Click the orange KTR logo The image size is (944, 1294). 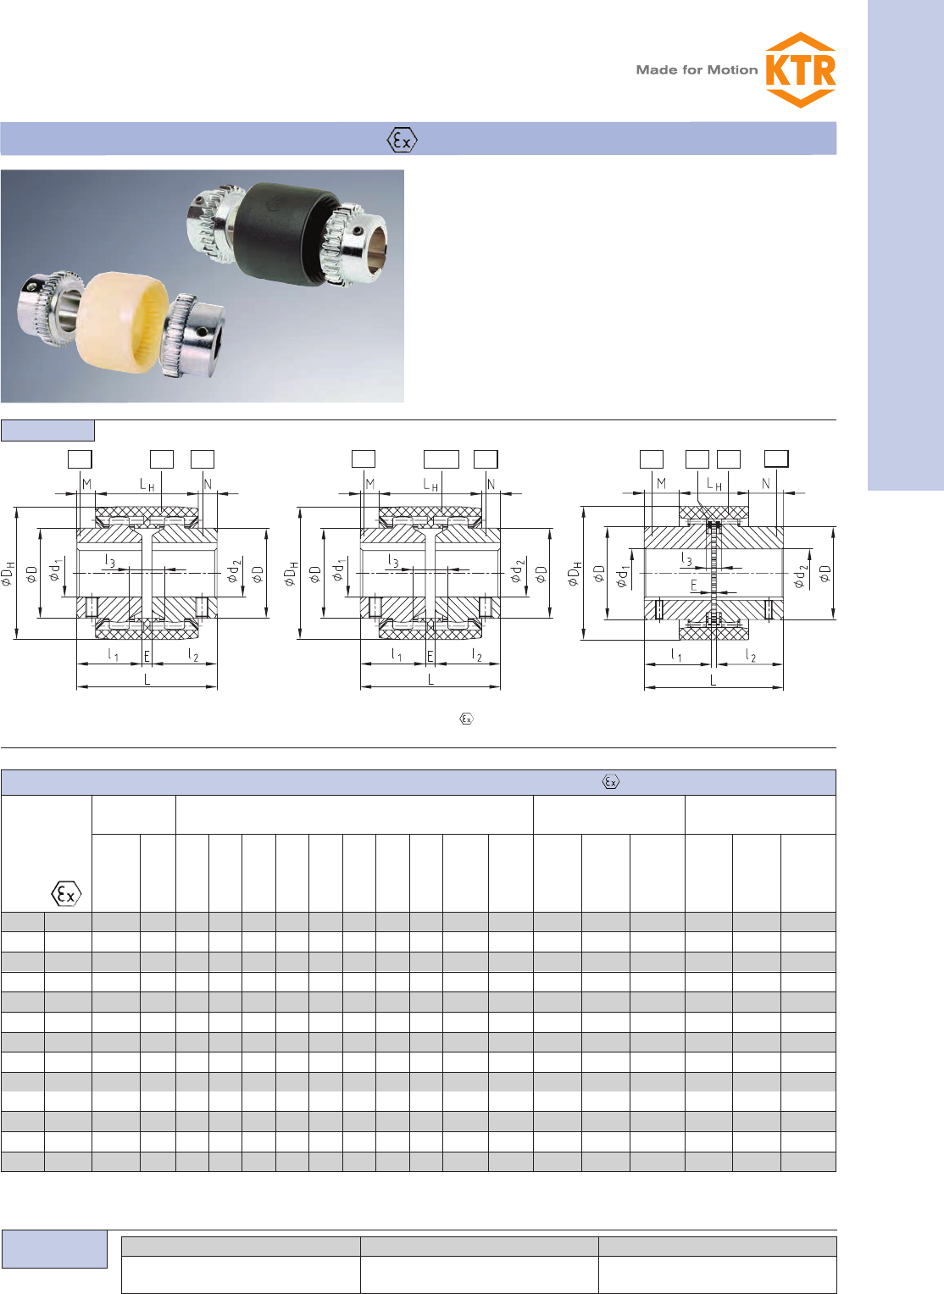(x=801, y=69)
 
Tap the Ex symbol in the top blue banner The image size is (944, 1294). (x=402, y=140)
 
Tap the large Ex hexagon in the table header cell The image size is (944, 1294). (x=66, y=894)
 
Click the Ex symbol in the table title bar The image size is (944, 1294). (x=611, y=781)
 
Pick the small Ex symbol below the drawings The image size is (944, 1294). (x=466, y=719)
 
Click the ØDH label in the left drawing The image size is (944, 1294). (x=8, y=573)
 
